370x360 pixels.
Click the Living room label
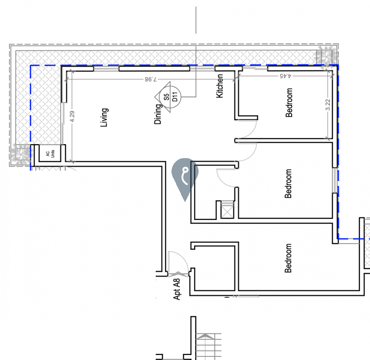click(x=104, y=118)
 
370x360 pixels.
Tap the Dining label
click(x=158, y=114)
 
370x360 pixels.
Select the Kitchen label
click(x=220, y=86)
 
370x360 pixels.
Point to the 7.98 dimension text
click(x=150, y=79)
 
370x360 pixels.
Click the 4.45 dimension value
click(x=285, y=76)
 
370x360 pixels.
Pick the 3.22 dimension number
click(x=328, y=105)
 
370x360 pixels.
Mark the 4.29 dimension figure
click(x=72, y=116)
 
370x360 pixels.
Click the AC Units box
click(x=50, y=153)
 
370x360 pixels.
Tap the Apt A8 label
click(x=176, y=289)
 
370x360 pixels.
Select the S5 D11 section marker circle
click(x=170, y=97)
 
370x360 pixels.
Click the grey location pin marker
click(x=185, y=177)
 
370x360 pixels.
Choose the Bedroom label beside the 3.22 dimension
click(x=289, y=103)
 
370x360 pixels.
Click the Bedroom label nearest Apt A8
click(x=288, y=258)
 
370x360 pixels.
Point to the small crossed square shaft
click(x=227, y=212)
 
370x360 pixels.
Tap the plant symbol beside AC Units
click(x=21, y=155)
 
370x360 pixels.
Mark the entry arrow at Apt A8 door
click(x=178, y=274)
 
